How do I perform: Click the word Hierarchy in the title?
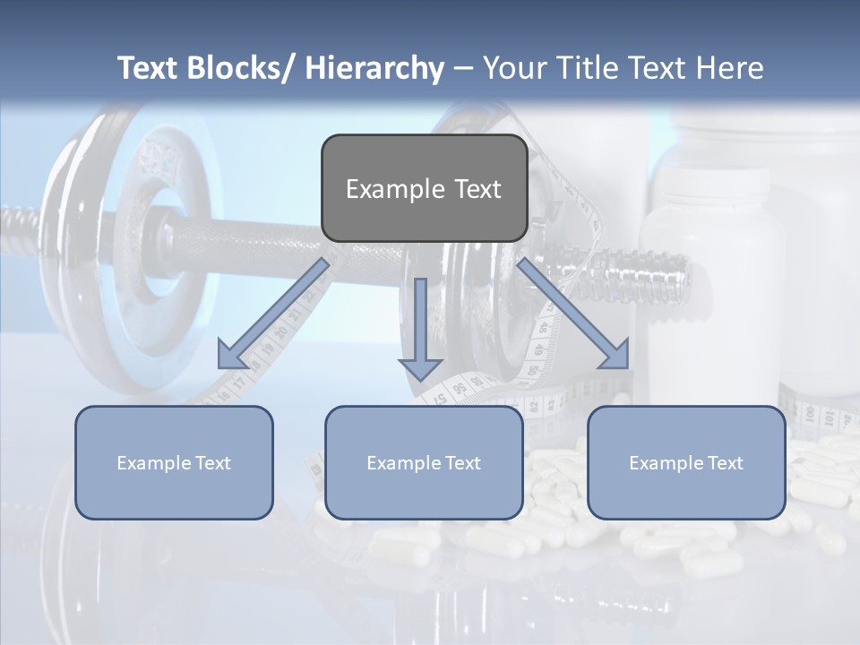click(x=374, y=69)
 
